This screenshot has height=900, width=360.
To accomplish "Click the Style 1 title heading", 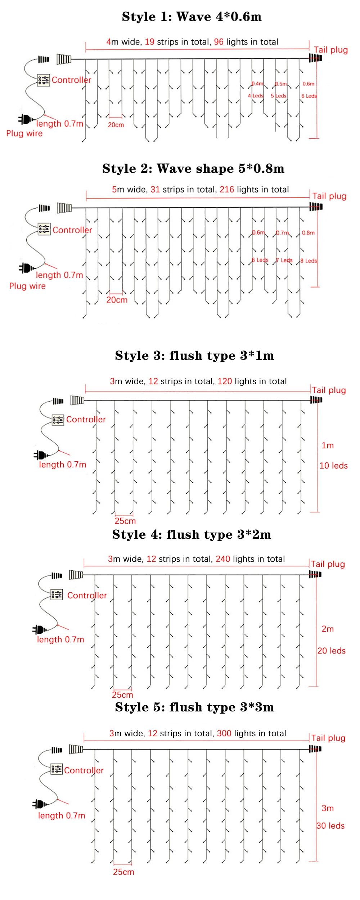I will pyautogui.click(x=192, y=17).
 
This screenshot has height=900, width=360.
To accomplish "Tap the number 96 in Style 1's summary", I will pyautogui.click(x=219, y=42).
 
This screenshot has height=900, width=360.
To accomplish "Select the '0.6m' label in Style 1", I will pyautogui.click(x=308, y=84).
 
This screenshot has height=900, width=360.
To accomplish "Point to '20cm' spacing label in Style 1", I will pyautogui.click(x=116, y=125).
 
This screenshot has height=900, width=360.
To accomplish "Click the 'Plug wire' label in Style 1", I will pyautogui.click(x=24, y=134).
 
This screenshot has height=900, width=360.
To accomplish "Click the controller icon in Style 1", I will pyautogui.click(x=44, y=80).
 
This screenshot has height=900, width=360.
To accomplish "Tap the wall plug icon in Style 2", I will pyautogui.click(x=26, y=268).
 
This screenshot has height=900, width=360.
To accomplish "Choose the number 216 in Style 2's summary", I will pyautogui.click(x=227, y=190).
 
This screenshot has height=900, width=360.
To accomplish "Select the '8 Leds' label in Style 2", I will pyautogui.click(x=309, y=261).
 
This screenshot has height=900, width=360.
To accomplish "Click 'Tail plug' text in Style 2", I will pyautogui.click(x=329, y=196).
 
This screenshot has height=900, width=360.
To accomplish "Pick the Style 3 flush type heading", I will pyautogui.click(x=194, y=356).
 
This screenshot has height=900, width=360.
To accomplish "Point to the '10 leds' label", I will pyautogui.click(x=333, y=466).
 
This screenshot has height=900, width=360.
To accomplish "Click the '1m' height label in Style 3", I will pyautogui.click(x=328, y=446).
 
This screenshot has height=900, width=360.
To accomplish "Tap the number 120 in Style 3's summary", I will pyautogui.click(x=225, y=381).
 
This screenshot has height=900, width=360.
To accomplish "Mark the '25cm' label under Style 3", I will pyautogui.click(x=125, y=521).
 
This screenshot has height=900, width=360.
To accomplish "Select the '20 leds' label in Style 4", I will pyautogui.click(x=331, y=651).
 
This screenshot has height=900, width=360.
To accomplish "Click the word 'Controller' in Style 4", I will pyautogui.click(x=87, y=596).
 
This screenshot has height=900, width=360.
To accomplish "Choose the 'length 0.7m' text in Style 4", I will pyautogui.click(x=60, y=639).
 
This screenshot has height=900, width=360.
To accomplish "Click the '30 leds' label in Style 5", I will pyautogui.click(x=330, y=826).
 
